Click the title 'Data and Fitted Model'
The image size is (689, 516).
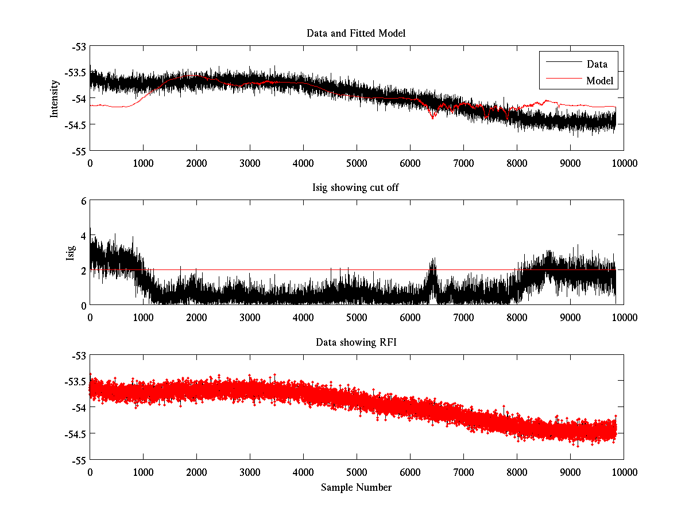click(356, 33)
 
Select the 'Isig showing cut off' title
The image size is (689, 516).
click(356, 188)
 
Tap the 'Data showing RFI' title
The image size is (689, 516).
click(356, 343)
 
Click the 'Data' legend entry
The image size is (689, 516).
click(597, 64)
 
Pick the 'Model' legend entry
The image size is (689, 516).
click(600, 81)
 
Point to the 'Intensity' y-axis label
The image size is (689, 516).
click(55, 98)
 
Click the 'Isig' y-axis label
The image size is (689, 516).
click(70, 253)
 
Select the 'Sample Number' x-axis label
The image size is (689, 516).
click(356, 487)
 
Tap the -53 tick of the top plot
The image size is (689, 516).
click(78, 46)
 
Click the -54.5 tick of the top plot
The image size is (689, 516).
click(75, 124)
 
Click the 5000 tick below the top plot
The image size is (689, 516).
click(357, 163)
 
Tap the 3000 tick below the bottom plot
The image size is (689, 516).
click(250, 472)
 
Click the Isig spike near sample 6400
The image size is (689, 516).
click(432, 264)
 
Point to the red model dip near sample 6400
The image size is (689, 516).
click(432, 117)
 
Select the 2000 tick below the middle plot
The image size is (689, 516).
click(196, 318)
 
